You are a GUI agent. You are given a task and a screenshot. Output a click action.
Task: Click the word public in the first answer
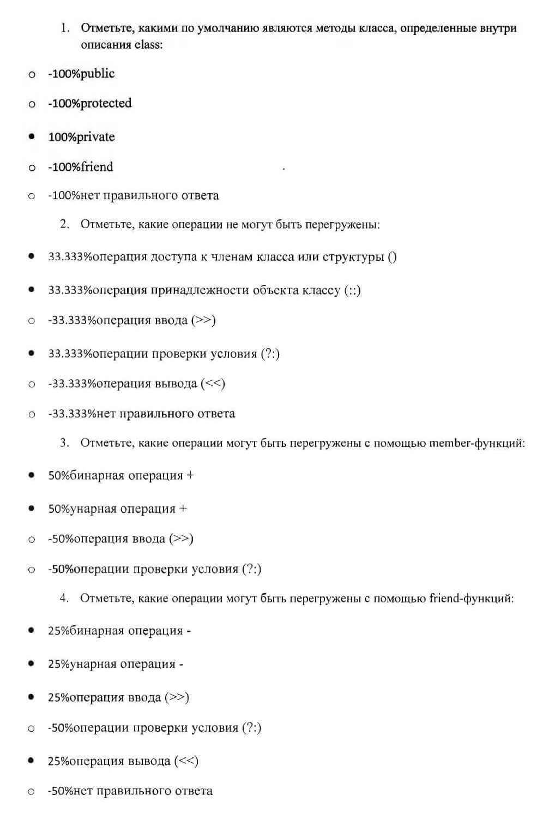pyautogui.click(x=98, y=74)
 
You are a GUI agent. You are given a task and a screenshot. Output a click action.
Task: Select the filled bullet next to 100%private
pyautogui.click(x=32, y=136)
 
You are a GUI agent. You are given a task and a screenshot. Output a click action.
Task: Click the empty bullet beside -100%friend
pyautogui.click(x=32, y=168)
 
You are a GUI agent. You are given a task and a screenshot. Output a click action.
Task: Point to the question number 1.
pyautogui.click(x=65, y=28)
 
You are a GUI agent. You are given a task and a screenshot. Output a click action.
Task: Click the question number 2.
pyautogui.click(x=64, y=224)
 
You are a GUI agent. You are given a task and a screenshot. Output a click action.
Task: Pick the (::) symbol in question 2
pyautogui.click(x=352, y=290)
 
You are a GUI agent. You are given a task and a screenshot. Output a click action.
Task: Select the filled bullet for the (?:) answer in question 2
pyautogui.click(x=32, y=354)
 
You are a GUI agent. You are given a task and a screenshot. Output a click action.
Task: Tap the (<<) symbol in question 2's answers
pyautogui.click(x=213, y=384)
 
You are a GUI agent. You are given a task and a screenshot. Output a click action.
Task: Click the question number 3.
pyautogui.click(x=64, y=443)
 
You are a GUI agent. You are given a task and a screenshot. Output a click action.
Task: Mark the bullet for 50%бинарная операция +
pyautogui.click(x=32, y=475)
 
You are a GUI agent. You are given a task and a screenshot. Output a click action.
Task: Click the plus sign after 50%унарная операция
pyautogui.click(x=183, y=509)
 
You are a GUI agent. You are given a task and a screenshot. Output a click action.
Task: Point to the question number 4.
pyautogui.click(x=64, y=598)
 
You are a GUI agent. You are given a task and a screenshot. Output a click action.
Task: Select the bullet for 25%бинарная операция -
pyautogui.click(x=32, y=631)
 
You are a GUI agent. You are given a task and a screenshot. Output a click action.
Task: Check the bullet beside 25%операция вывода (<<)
pyautogui.click(x=32, y=761)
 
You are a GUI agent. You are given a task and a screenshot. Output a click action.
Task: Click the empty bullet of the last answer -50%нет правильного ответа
pyautogui.click(x=32, y=791)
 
